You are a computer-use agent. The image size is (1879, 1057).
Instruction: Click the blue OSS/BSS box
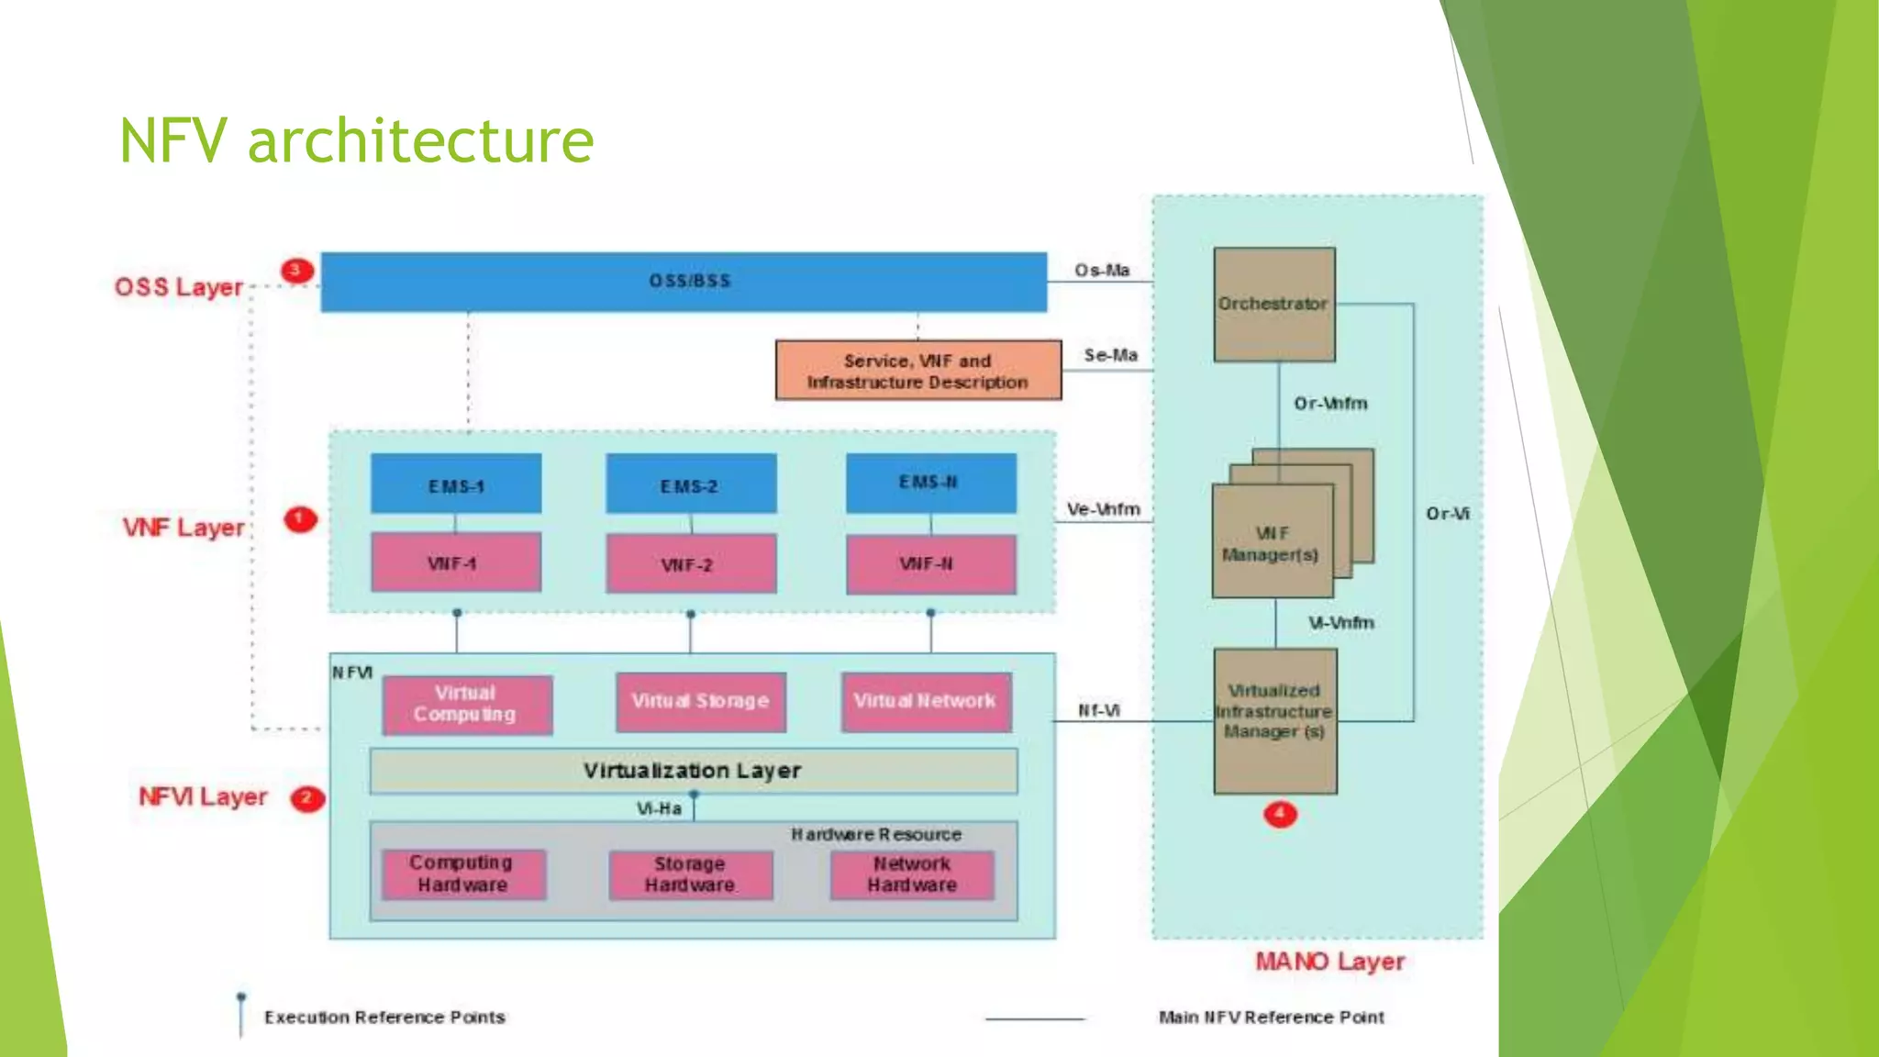[x=684, y=282]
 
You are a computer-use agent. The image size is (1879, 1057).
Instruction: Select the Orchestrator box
[x=1273, y=304]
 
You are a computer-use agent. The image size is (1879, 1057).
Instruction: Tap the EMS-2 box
[x=690, y=484]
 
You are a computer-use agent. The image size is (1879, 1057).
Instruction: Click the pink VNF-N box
[x=930, y=564]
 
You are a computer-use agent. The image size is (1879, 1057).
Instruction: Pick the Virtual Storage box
[x=701, y=702]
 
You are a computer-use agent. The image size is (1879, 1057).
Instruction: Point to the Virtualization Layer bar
[x=693, y=771]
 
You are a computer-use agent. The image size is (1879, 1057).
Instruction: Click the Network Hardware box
[x=912, y=875]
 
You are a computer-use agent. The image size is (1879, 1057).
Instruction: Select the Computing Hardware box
[x=462, y=874]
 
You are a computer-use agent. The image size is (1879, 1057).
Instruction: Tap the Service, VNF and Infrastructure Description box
[x=917, y=371]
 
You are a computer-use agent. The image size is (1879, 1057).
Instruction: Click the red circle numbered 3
[x=296, y=271]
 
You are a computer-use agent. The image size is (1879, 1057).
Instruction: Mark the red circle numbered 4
[x=1280, y=814]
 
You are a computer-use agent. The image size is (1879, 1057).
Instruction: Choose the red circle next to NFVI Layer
[x=307, y=798]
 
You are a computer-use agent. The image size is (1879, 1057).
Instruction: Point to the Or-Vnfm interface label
[x=1330, y=404]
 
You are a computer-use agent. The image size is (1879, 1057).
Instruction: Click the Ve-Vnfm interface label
[x=1103, y=509]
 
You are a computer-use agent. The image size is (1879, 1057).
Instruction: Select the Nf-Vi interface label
[x=1098, y=711]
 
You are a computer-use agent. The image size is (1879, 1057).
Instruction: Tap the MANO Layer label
[x=1329, y=962]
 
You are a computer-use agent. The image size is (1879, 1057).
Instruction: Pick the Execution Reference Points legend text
[x=384, y=1018]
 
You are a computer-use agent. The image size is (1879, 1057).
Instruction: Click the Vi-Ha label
[x=659, y=809]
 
